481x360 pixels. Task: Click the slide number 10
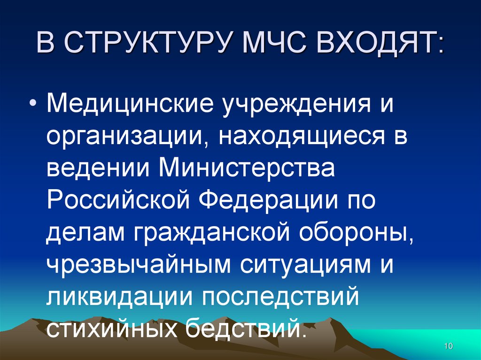pyautogui.click(x=447, y=346)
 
